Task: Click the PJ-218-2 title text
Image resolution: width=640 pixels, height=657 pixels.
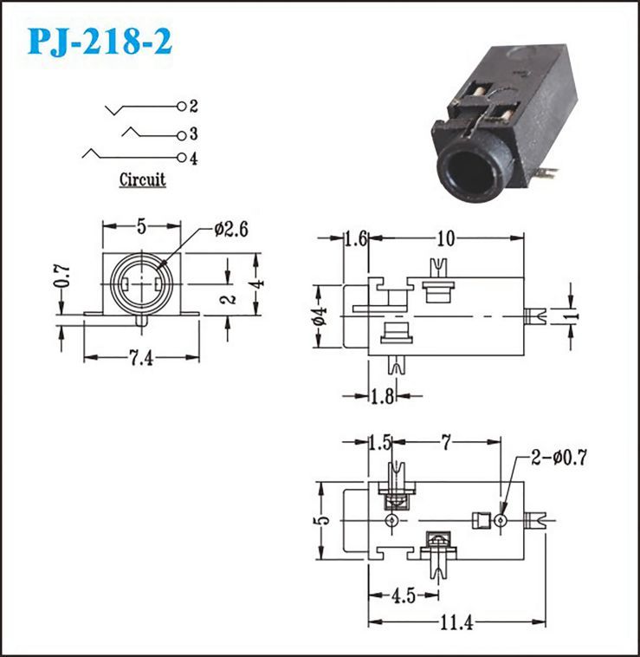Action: (100, 42)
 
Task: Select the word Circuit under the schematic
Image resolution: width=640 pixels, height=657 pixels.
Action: (142, 179)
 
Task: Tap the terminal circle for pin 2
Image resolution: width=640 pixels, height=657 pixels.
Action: (181, 107)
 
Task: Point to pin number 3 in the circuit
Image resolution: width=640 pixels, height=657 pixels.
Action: (193, 134)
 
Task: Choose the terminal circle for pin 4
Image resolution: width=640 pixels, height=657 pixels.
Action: (181, 158)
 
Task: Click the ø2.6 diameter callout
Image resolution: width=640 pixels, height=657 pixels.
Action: (231, 229)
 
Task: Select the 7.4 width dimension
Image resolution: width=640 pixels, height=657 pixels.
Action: (140, 359)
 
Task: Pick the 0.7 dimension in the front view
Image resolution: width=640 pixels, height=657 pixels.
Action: (62, 276)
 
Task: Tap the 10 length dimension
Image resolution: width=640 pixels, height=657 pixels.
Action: (445, 238)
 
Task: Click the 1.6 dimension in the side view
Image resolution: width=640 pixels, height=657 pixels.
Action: (356, 238)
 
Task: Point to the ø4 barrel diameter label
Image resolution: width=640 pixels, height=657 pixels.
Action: (320, 315)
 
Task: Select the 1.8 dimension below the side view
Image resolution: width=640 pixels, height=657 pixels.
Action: (383, 395)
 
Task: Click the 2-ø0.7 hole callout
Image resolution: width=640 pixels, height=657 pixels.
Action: (559, 457)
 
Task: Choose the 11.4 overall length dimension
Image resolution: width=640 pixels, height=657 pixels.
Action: (456, 622)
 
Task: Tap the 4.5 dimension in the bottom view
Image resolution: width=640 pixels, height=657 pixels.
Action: (403, 595)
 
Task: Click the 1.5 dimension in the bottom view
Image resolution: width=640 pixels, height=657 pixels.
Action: (380, 443)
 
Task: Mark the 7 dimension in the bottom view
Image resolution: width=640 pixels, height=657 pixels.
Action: (446, 442)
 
